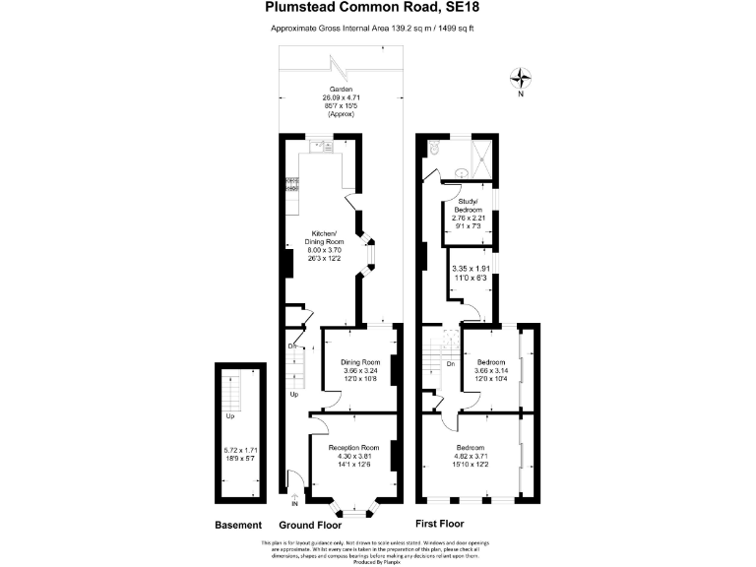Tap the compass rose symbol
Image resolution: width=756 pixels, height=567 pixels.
click(x=521, y=78)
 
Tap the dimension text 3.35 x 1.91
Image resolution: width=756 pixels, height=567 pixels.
click(x=470, y=269)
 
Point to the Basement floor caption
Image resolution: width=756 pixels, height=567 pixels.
click(x=239, y=525)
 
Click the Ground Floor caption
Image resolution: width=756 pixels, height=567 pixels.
click(x=309, y=525)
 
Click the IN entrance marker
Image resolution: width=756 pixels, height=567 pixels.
click(x=294, y=503)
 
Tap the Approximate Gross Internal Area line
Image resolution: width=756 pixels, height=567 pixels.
click(x=379, y=29)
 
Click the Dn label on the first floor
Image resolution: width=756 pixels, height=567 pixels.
click(x=450, y=364)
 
